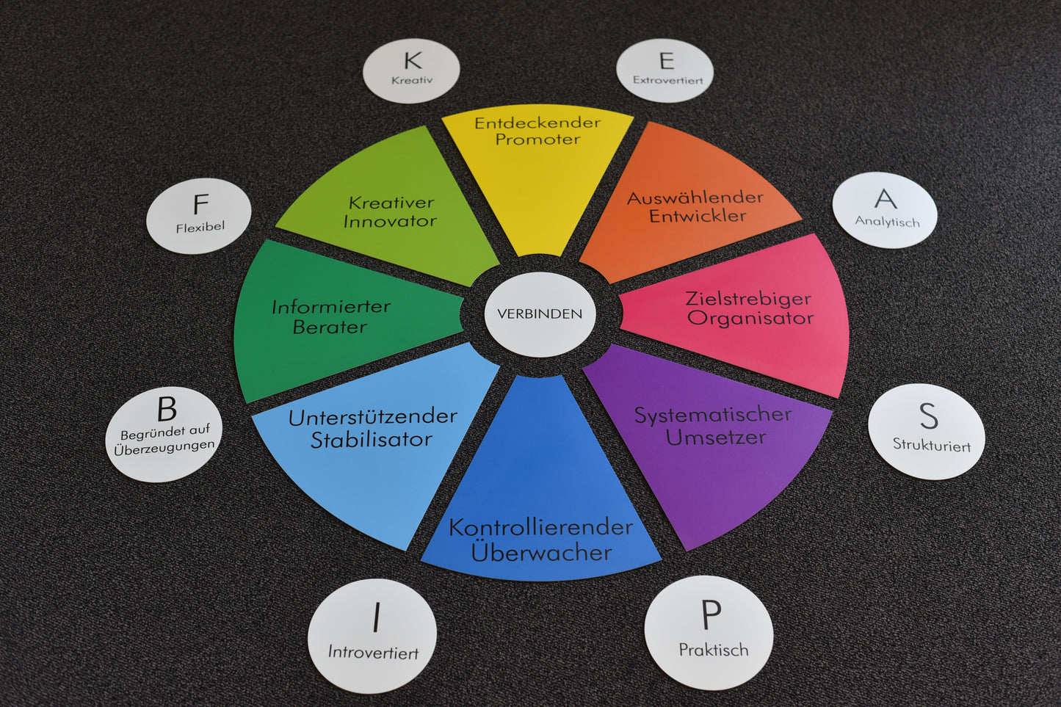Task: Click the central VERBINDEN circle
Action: [x=540, y=314]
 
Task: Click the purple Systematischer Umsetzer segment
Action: [x=709, y=440]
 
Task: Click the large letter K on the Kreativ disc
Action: [x=413, y=61]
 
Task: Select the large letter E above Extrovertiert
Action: [x=666, y=61]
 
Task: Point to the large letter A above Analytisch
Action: [x=886, y=199]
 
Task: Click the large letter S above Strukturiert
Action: [x=929, y=416]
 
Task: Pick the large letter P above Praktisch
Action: [x=711, y=615]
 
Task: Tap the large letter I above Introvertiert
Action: [x=377, y=618]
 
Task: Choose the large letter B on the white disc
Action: [x=167, y=409]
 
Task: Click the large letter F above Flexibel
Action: [x=200, y=204]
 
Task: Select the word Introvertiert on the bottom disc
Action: [x=373, y=652]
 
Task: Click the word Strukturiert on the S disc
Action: [x=931, y=445]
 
